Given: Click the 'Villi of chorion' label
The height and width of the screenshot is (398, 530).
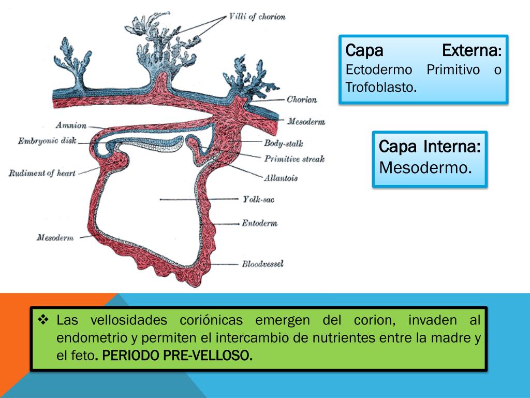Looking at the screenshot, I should [257, 17].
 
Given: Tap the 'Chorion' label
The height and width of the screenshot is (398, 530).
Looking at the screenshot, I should [302, 99].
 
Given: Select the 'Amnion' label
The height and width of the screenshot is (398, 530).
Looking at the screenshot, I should [72, 125].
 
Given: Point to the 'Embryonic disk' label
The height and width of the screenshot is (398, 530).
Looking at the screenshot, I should [47, 140].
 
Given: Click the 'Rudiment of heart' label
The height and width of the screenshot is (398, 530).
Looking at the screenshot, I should [42, 173].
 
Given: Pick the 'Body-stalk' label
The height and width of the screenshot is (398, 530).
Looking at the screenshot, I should [283, 143].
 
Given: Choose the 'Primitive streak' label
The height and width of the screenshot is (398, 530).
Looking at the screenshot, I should [294, 159].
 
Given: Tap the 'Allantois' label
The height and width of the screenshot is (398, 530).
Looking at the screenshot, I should [281, 178].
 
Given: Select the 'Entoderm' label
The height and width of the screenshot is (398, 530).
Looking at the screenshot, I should [259, 223].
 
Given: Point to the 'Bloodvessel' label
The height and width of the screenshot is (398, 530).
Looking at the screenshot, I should [262, 264].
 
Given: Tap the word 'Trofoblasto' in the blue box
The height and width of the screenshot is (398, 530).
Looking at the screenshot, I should [380, 88].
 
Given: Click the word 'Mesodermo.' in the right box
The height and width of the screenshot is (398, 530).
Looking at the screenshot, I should [425, 167].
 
